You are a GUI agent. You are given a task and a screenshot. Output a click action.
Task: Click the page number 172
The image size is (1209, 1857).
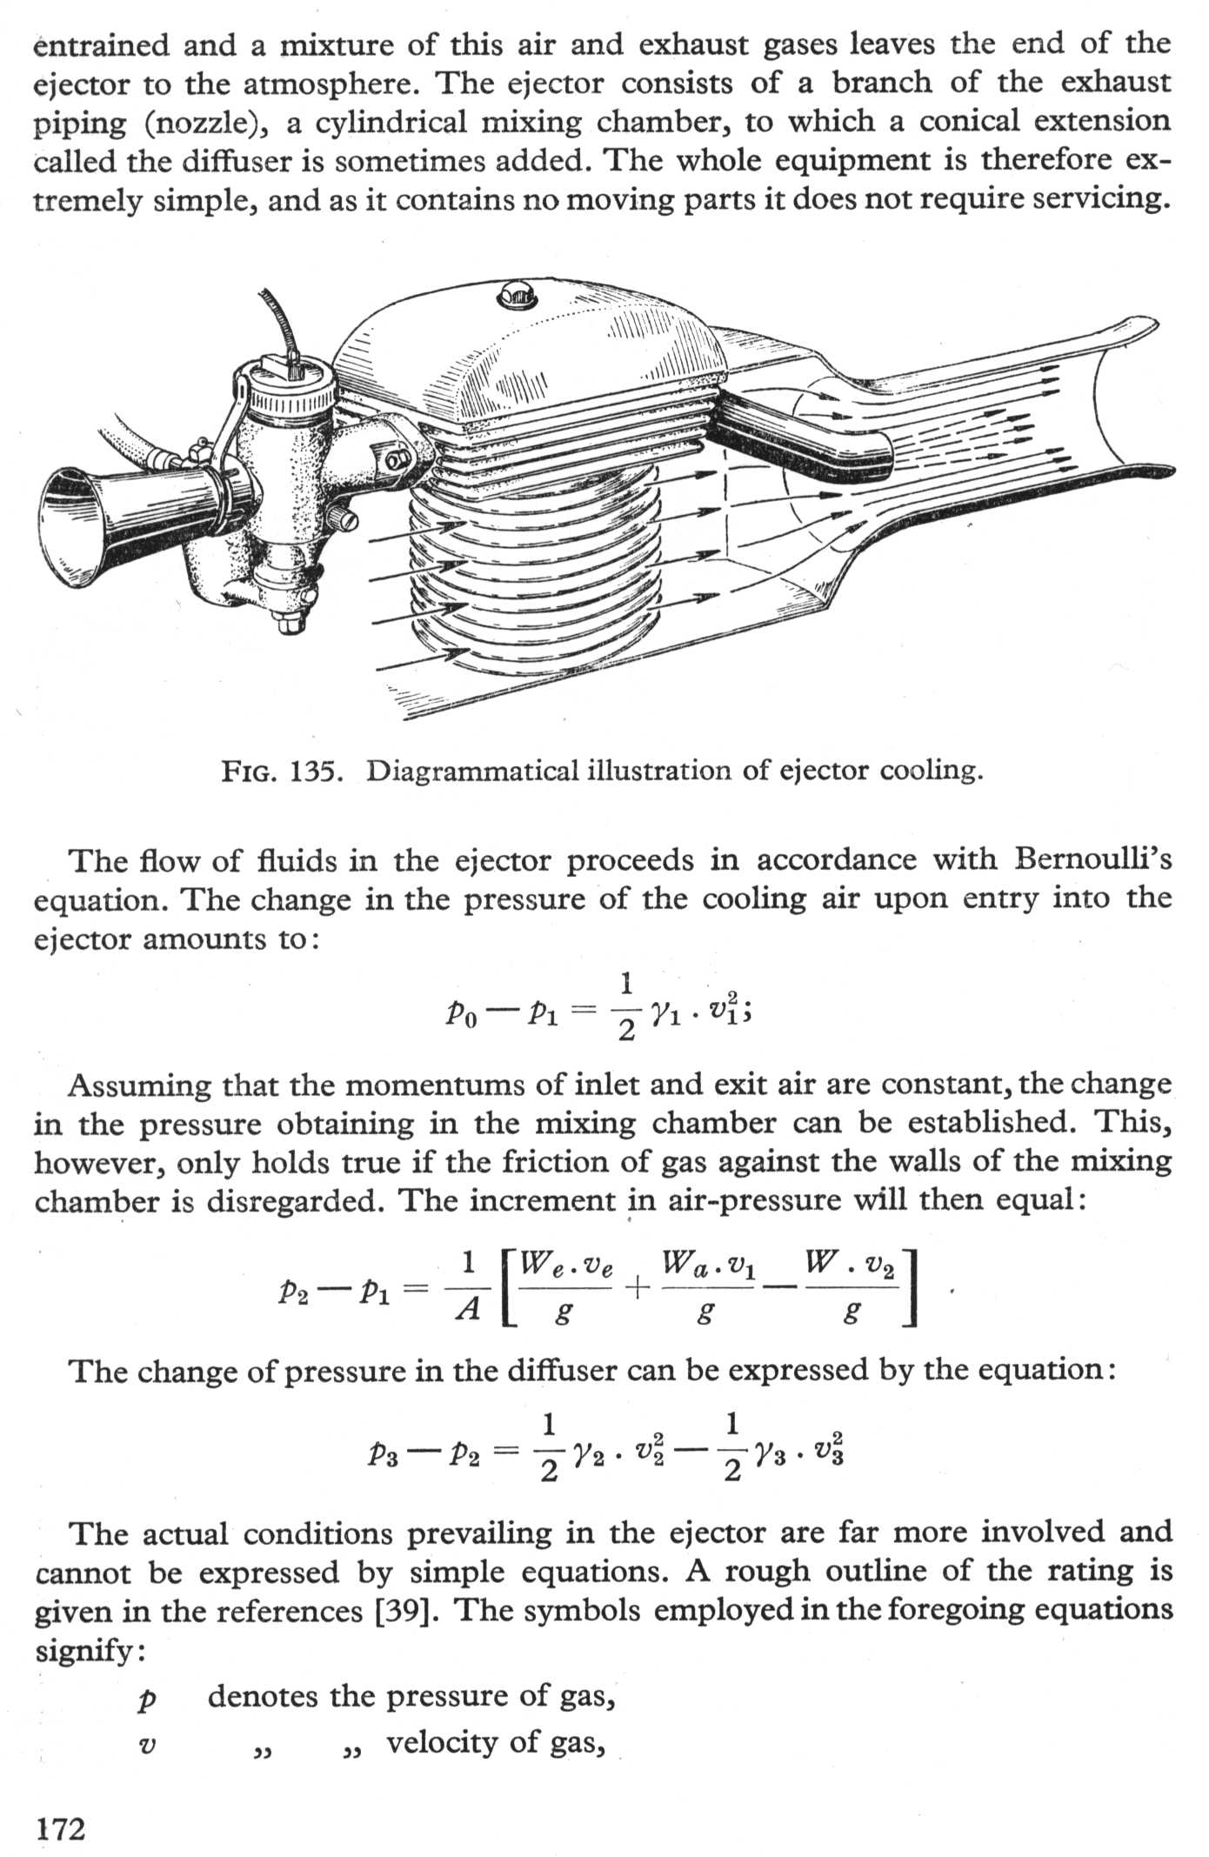point(60,1829)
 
